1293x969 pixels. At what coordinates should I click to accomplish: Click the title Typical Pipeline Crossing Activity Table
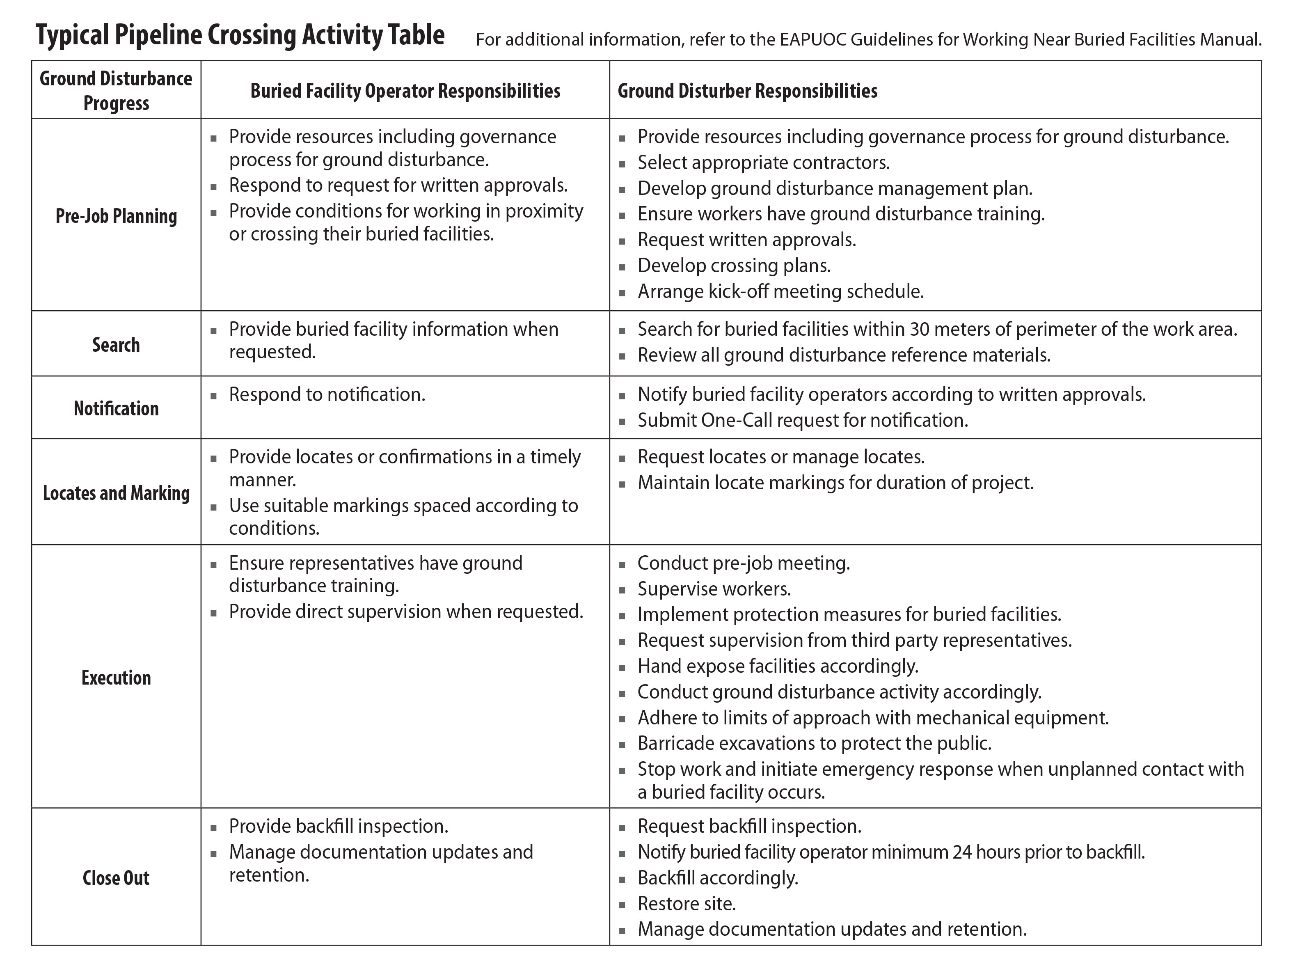coord(240,35)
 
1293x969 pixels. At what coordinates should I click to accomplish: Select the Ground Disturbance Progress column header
coord(116,91)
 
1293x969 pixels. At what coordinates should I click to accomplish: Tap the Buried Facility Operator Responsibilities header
coord(405,91)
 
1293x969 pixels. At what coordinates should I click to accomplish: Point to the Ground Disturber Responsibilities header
coord(747,91)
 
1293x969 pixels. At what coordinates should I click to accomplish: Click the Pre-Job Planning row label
coord(116,216)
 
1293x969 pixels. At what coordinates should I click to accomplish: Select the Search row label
coord(116,345)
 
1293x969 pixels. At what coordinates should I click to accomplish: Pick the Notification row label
coord(116,408)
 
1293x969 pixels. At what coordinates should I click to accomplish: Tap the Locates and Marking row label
coord(116,493)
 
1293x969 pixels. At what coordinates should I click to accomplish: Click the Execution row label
coord(116,678)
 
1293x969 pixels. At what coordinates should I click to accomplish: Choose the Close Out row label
coord(116,878)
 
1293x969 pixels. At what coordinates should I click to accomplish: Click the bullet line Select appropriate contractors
coord(763,163)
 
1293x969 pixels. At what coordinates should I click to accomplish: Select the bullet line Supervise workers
coord(714,589)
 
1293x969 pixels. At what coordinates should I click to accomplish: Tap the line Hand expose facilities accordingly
coord(778,666)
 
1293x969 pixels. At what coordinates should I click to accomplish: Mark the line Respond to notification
coord(327,395)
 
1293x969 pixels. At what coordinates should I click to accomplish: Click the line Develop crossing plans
coord(734,266)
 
